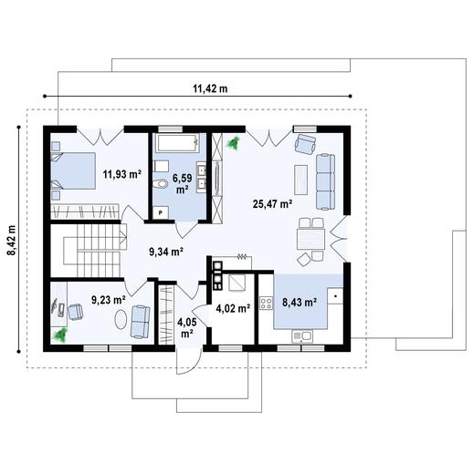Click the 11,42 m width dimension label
coord(209,88)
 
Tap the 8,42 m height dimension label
coord(12,241)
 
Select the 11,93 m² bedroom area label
coord(121,173)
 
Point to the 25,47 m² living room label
coord(271,204)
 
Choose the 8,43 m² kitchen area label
coord(299,301)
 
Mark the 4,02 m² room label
coord(232,308)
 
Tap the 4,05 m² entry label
coord(187,327)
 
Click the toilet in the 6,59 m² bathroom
coord(163,186)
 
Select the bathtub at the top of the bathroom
coord(177,144)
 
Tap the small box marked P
coord(162,212)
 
